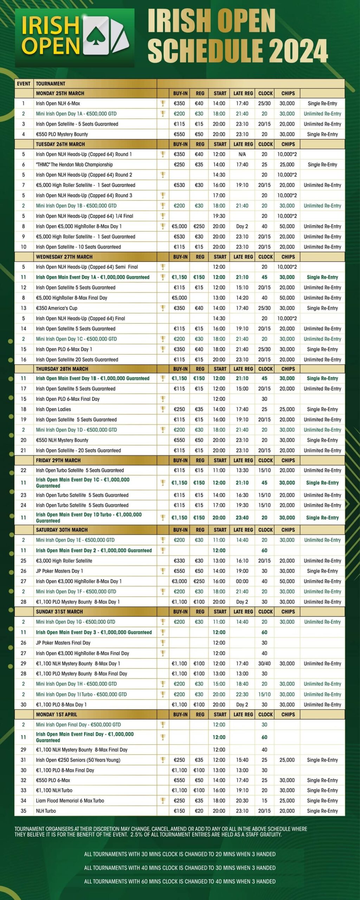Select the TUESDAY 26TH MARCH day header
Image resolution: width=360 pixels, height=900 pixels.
pos(60,144)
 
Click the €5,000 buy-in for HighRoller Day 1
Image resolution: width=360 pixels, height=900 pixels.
pos(179,226)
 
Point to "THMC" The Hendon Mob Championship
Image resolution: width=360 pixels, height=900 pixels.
pos(74,165)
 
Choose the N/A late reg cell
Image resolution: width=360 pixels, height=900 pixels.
pos(242,154)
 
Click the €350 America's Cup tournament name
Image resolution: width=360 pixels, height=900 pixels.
pos(57,308)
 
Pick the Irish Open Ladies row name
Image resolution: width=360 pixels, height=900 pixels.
pos(53,409)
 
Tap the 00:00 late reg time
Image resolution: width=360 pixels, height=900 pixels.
pos(242,581)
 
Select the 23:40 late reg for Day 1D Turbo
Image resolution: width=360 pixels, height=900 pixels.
pos(242,517)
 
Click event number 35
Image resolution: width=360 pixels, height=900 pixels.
pos(24,811)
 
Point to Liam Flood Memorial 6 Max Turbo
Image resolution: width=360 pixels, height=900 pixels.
pos(70,801)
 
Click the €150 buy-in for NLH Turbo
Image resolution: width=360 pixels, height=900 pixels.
pos(179,811)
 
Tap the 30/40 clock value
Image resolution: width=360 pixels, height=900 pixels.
pos(264,663)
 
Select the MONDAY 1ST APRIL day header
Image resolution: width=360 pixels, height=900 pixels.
pos(56,714)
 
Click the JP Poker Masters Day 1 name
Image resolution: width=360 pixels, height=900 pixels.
pos(59,571)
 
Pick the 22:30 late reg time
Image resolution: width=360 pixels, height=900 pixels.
pos(242,694)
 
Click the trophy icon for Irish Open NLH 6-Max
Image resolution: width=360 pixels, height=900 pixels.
pos(163,103)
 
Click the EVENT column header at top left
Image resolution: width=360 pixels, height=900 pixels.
pos(24,84)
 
